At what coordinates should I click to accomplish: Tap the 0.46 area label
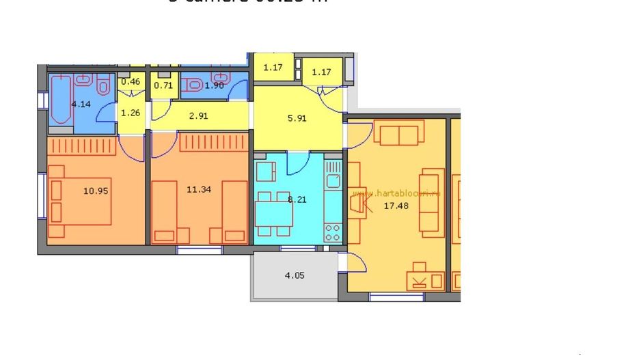pos(130,82)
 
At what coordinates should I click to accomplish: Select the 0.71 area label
pos(163,85)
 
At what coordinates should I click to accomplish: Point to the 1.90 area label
pos(215,85)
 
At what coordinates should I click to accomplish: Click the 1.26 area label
pos(130,113)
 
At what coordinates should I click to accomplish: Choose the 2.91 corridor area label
pos(198,115)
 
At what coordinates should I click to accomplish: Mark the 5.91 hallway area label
pos(297,117)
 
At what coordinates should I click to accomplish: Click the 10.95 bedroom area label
pos(96,191)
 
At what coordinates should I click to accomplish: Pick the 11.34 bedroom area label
pos(198,189)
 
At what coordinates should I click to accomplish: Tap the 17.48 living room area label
pos(396,205)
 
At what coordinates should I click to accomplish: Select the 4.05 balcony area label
pos(295,276)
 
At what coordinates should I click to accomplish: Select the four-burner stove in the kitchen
pos(333,232)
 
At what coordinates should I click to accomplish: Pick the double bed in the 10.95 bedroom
pos(81,203)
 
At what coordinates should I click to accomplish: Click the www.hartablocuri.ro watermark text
pos(396,193)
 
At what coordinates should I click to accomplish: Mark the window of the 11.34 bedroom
pos(200,250)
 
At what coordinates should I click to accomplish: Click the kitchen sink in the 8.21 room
pos(333,180)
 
